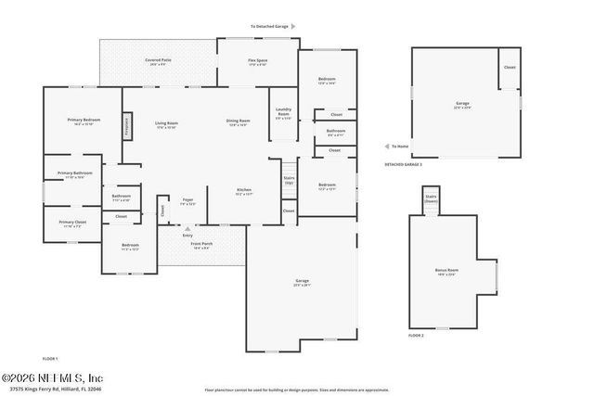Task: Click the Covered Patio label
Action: coord(155,61)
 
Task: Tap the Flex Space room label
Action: coord(257,62)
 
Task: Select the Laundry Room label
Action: coord(283,117)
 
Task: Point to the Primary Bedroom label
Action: coord(83,121)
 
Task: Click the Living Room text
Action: coord(166,123)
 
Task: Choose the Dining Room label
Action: coord(239,121)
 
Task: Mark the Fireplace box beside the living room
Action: coord(126,127)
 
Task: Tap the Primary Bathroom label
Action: coord(75,174)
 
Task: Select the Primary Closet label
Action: coord(72,223)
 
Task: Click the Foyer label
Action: coord(187,200)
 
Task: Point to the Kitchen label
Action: coord(244,192)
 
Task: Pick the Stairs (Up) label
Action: coord(289,179)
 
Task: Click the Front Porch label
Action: coord(200,246)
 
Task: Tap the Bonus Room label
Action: coord(445,272)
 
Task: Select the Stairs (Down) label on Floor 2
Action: coord(431,198)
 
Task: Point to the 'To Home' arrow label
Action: coord(399,146)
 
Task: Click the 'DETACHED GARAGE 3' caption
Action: coord(403,164)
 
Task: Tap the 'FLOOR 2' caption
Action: coord(416,335)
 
